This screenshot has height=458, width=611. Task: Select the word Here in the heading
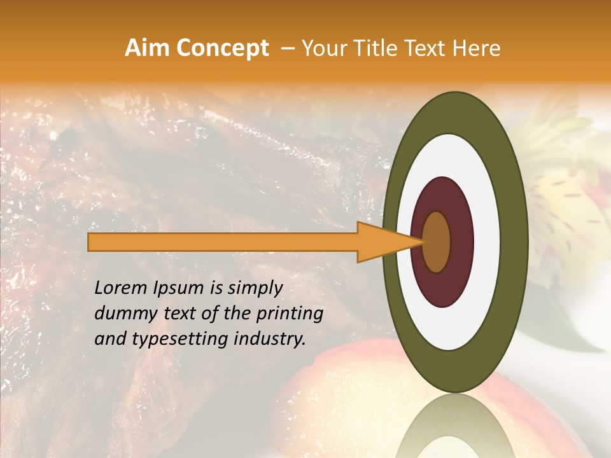click(x=475, y=48)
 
